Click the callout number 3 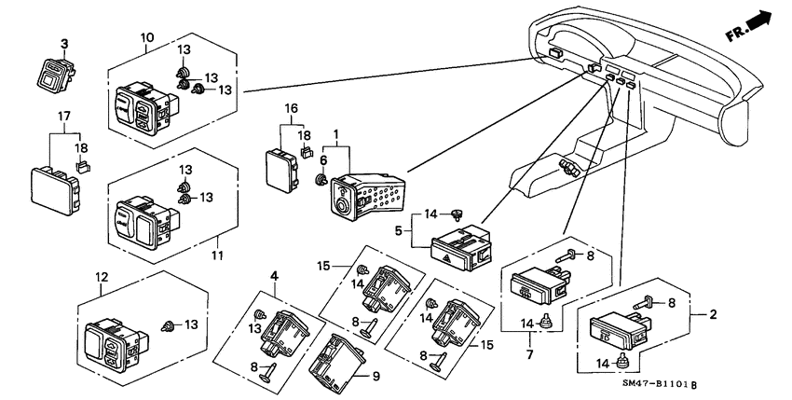tap(65, 43)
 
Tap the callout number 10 tap(147, 37)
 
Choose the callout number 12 tap(101, 277)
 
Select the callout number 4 tap(275, 274)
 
